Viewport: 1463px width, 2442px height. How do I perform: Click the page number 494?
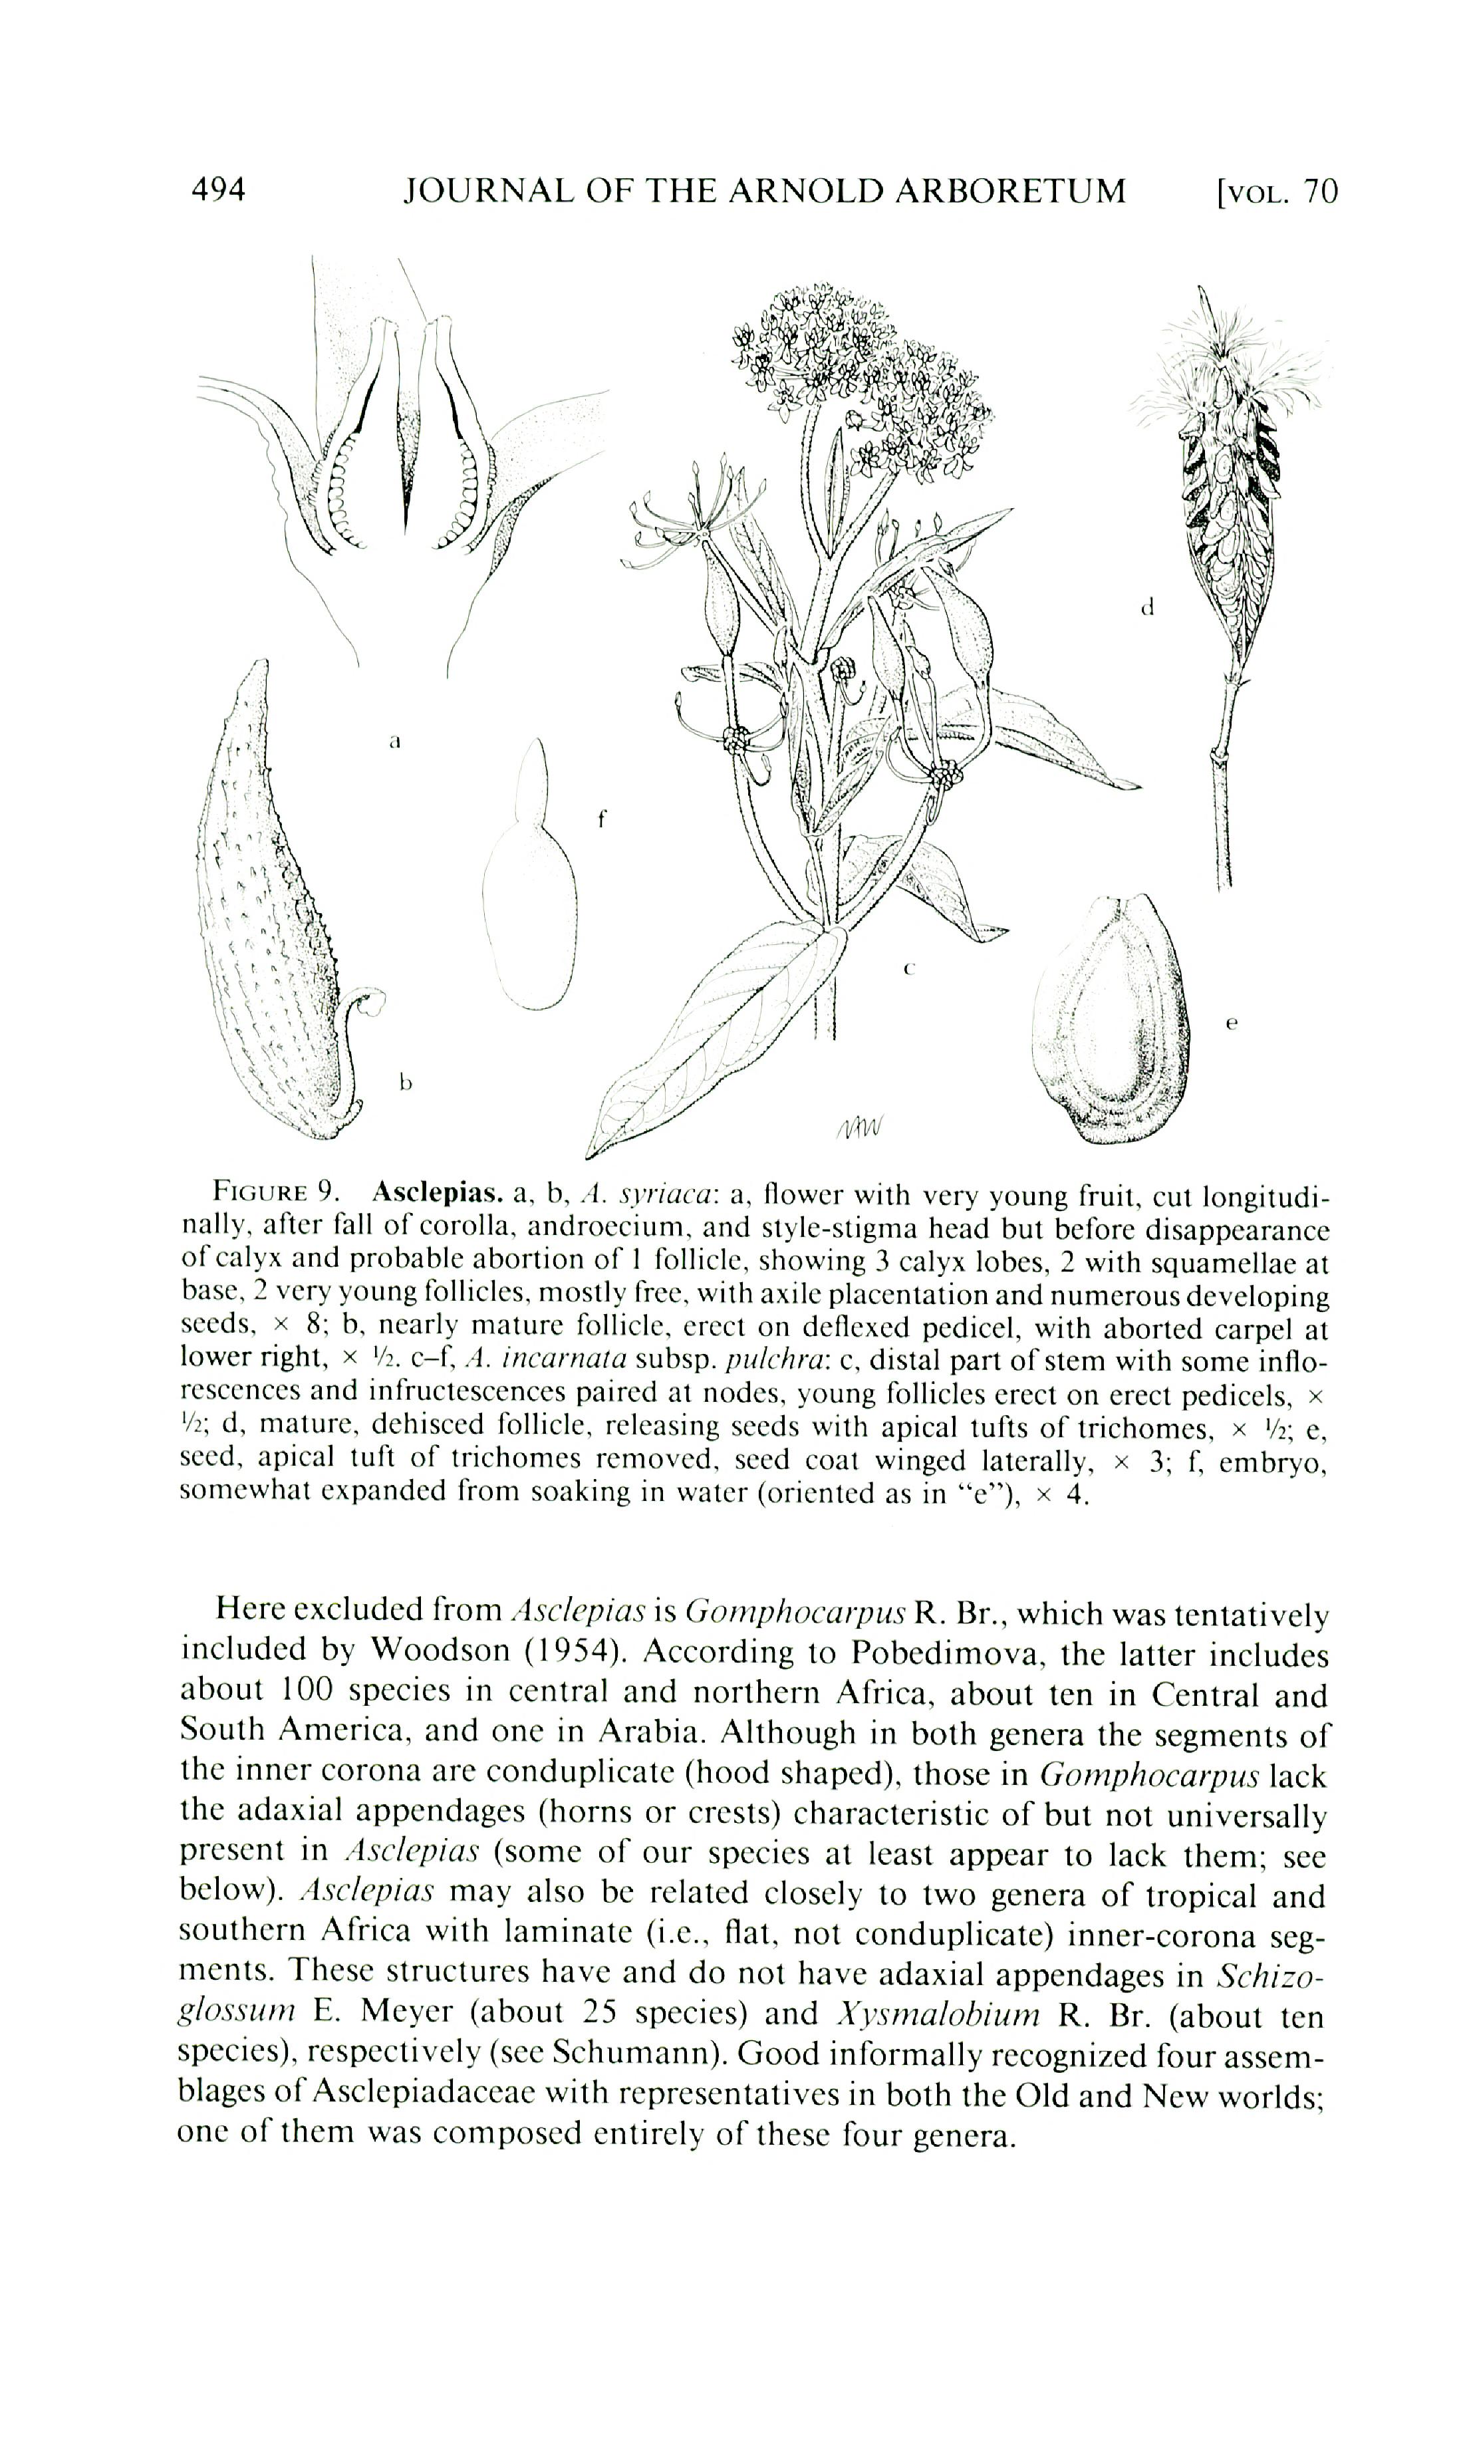218,190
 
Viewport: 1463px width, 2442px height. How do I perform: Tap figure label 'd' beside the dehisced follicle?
1146,607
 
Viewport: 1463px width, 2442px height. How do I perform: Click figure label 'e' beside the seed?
1232,1023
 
